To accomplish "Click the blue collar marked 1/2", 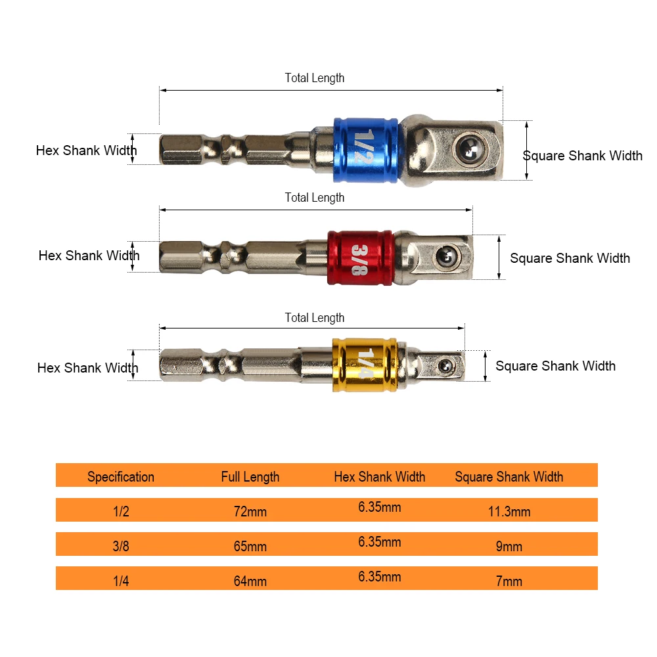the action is [366, 150].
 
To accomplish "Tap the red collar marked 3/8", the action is [360, 258].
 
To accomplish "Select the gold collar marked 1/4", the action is [364, 365].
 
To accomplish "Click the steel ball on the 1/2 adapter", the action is [470, 148].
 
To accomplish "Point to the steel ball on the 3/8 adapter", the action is [447, 256].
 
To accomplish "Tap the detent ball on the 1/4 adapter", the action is [445, 366].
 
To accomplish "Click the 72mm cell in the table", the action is [250, 512].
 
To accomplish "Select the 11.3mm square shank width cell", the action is [509, 512].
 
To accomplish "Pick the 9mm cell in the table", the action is [509, 547].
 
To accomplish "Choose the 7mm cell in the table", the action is [509, 581].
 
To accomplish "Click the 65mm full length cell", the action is [250, 547].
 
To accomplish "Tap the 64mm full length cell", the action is [250, 581].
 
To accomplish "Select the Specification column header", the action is [121, 477].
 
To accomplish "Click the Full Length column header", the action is [250, 477].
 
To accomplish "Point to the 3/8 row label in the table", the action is [121, 547].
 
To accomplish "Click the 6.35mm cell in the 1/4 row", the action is [380, 577].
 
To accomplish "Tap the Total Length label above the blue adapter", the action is [315, 78].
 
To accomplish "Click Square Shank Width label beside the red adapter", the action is [570, 258].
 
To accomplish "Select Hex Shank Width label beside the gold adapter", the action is [87, 368].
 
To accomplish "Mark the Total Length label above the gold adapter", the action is [315, 318].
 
